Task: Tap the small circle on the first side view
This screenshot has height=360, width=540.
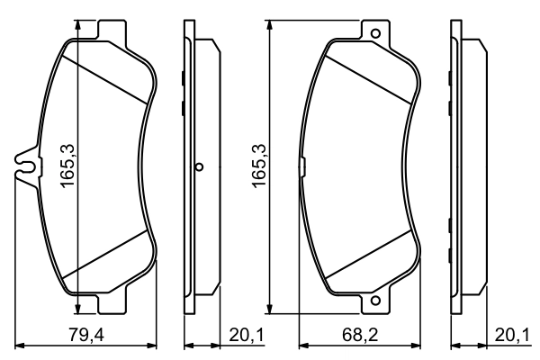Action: tap(200, 166)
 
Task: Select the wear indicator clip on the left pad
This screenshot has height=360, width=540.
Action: tap(25, 166)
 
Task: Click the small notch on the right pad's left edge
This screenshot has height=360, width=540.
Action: tap(301, 166)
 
